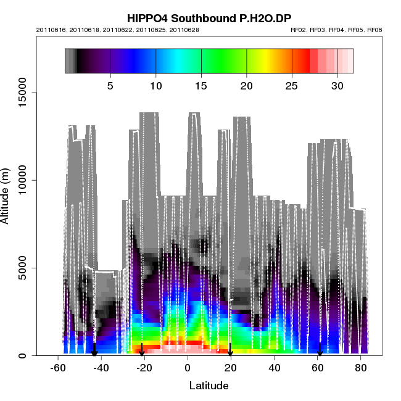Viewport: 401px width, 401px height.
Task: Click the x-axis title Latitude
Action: [209, 386]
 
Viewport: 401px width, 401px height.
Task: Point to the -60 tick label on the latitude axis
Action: [58, 368]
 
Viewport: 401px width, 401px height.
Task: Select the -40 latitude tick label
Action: [101, 368]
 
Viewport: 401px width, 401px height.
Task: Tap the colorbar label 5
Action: [110, 85]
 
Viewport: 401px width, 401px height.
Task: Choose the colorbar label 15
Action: [201, 85]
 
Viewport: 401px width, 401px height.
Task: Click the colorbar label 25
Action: [292, 85]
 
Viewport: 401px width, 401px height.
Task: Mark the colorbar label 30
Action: [337, 85]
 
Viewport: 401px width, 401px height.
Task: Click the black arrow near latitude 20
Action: [230, 350]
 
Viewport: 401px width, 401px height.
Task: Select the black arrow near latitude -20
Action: [142, 350]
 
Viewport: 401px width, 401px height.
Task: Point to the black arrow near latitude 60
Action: [320, 350]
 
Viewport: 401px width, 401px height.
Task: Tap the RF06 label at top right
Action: [374, 30]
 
